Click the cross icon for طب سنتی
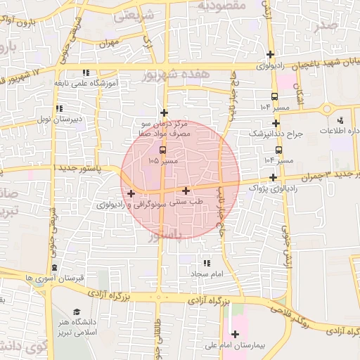tap(186, 190)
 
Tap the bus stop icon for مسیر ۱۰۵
tap(163, 150)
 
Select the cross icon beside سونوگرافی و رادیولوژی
tap(131, 193)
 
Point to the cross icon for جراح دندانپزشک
tap(276, 123)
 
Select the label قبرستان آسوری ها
tap(54, 278)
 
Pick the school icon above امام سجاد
tap(206, 262)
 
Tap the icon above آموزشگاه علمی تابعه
tap(86, 72)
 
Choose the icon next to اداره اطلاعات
tap(342, 121)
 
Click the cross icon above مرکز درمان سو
tap(164, 112)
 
